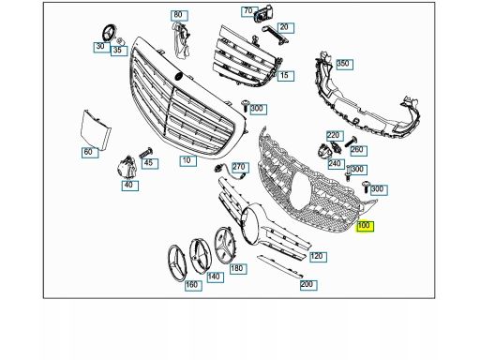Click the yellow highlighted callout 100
(x=366, y=226)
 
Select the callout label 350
(x=344, y=65)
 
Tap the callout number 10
(x=188, y=161)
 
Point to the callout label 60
(x=90, y=153)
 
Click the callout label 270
(x=240, y=168)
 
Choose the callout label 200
(x=308, y=285)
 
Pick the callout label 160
(x=193, y=285)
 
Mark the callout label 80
(x=179, y=15)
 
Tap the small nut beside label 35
(x=120, y=41)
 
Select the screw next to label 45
(x=146, y=153)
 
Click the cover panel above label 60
(x=96, y=128)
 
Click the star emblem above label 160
(x=177, y=263)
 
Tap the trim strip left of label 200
(x=279, y=266)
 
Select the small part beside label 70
(x=263, y=16)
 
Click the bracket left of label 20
(x=275, y=35)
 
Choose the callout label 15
(x=286, y=76)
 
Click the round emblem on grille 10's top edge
(x=178, y=76)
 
